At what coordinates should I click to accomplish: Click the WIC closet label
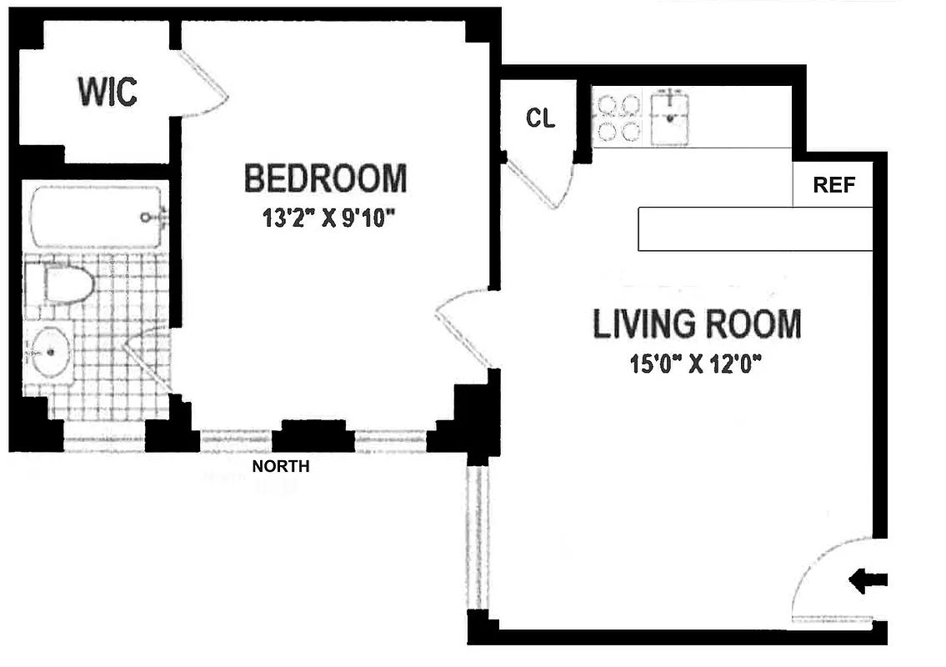tap(108, 91)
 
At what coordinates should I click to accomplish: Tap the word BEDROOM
tap(325, 178)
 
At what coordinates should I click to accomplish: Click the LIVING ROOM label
tap(696, 324)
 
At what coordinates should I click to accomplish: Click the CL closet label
tap(540, 118)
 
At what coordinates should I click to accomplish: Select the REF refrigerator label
tap(834, 185)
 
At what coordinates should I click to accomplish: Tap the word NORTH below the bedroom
tap(281, 467)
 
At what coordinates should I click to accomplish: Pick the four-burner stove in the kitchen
tap(618, 118)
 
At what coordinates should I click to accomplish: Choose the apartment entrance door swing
tap(829, 584)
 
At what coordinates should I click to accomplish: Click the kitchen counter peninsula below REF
tap(754, 228)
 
